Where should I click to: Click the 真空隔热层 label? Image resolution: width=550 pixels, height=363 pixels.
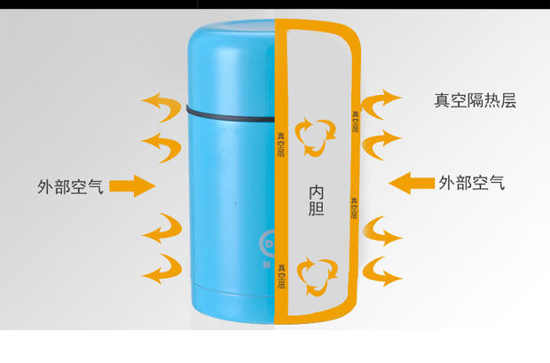pyautogui.click(x=475, y=100)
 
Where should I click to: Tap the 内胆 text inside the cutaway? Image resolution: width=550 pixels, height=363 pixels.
pyautogui.click(x=316, y=201)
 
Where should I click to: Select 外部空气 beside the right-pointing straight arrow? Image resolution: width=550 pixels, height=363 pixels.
pyautogui.click(x=71, y=186)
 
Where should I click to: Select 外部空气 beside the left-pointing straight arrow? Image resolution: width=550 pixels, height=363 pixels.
pyautogui.click(x=472, y=184)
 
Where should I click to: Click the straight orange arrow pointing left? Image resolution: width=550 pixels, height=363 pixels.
pyautogui.click(x=411, y=183)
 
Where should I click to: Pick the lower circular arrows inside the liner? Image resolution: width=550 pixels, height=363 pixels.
pyautogui.click(x=318, y=276)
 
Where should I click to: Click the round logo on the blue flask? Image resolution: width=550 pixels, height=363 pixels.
pyautogui.click(x=268, y=242)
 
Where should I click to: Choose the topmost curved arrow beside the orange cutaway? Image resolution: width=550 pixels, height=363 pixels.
pyautogui.click(x=384, y=101)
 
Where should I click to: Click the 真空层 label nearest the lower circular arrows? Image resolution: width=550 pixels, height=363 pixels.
pyautogui.click(x=281, y=275)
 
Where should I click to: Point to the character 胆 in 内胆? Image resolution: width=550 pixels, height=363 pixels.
pyautogui.click(x=317, y=209)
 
